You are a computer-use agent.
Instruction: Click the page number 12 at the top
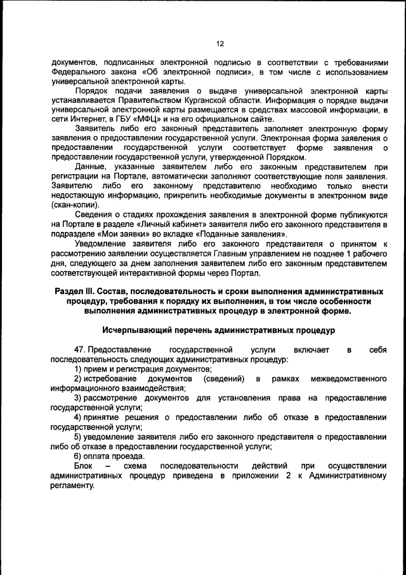(x=219, y=44)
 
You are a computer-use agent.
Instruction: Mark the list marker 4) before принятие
(x=78, y=417)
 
